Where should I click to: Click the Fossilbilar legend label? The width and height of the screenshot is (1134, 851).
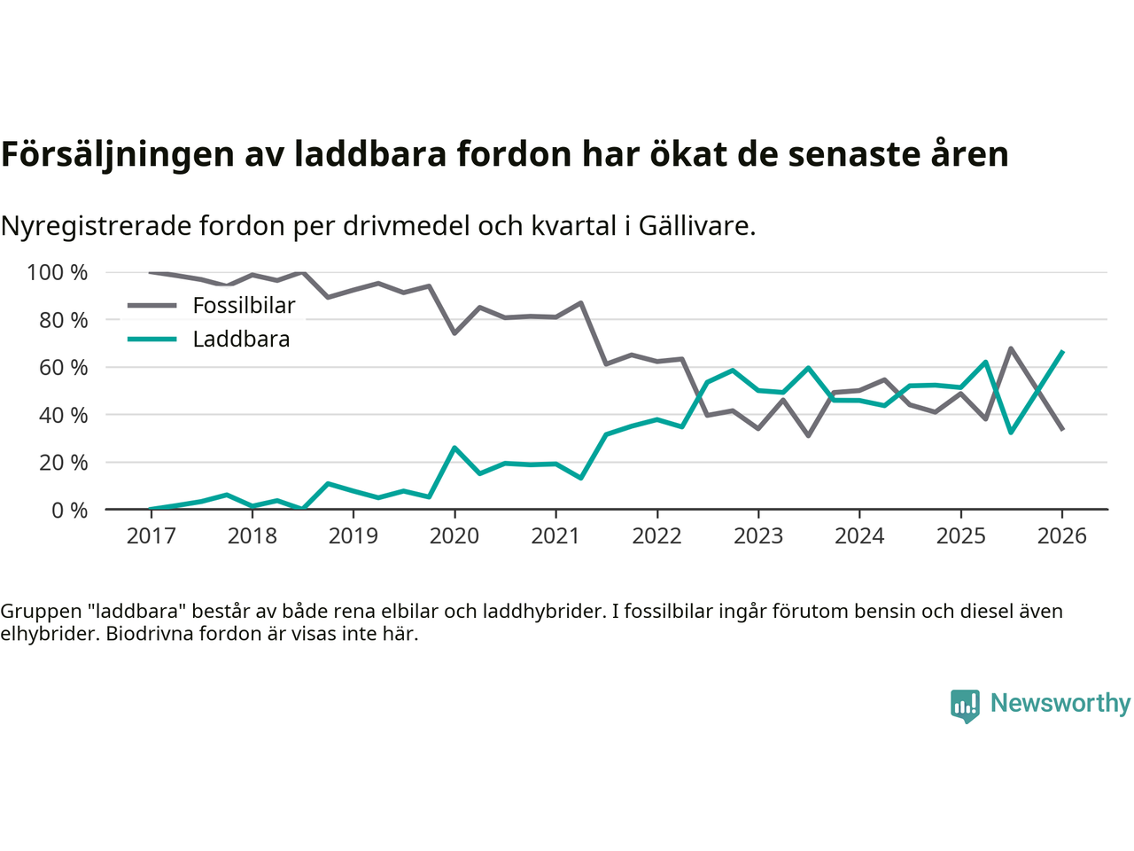click(x=244, y=306)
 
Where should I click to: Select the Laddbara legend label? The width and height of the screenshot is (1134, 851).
click(x=241, y=340)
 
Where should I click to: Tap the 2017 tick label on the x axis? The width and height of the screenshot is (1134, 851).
click(x=151, y=536)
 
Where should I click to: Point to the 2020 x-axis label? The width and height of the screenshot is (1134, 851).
click(x=454, y=536)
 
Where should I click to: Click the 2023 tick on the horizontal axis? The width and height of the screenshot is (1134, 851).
click(x=758, y=536)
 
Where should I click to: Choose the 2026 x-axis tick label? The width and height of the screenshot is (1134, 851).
click(x=1061, y=536)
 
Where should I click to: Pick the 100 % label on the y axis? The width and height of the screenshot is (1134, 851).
click(x=58, y=273)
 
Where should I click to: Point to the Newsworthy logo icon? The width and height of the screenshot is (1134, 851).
click(x=965, y=706)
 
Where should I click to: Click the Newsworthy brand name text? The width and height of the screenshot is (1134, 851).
click(x=1060, y=703)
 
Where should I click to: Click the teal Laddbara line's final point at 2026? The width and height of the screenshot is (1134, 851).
click(x=1062, y=352)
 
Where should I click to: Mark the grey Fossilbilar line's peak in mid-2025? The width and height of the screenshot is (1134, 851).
click(x=1011, y=348)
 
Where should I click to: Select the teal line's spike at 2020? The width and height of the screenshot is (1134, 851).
click(x=454, y=448)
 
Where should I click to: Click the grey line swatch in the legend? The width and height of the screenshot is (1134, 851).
click(x=152, y=306)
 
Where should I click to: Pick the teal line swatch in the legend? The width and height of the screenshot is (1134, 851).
click(x=152, y=340)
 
